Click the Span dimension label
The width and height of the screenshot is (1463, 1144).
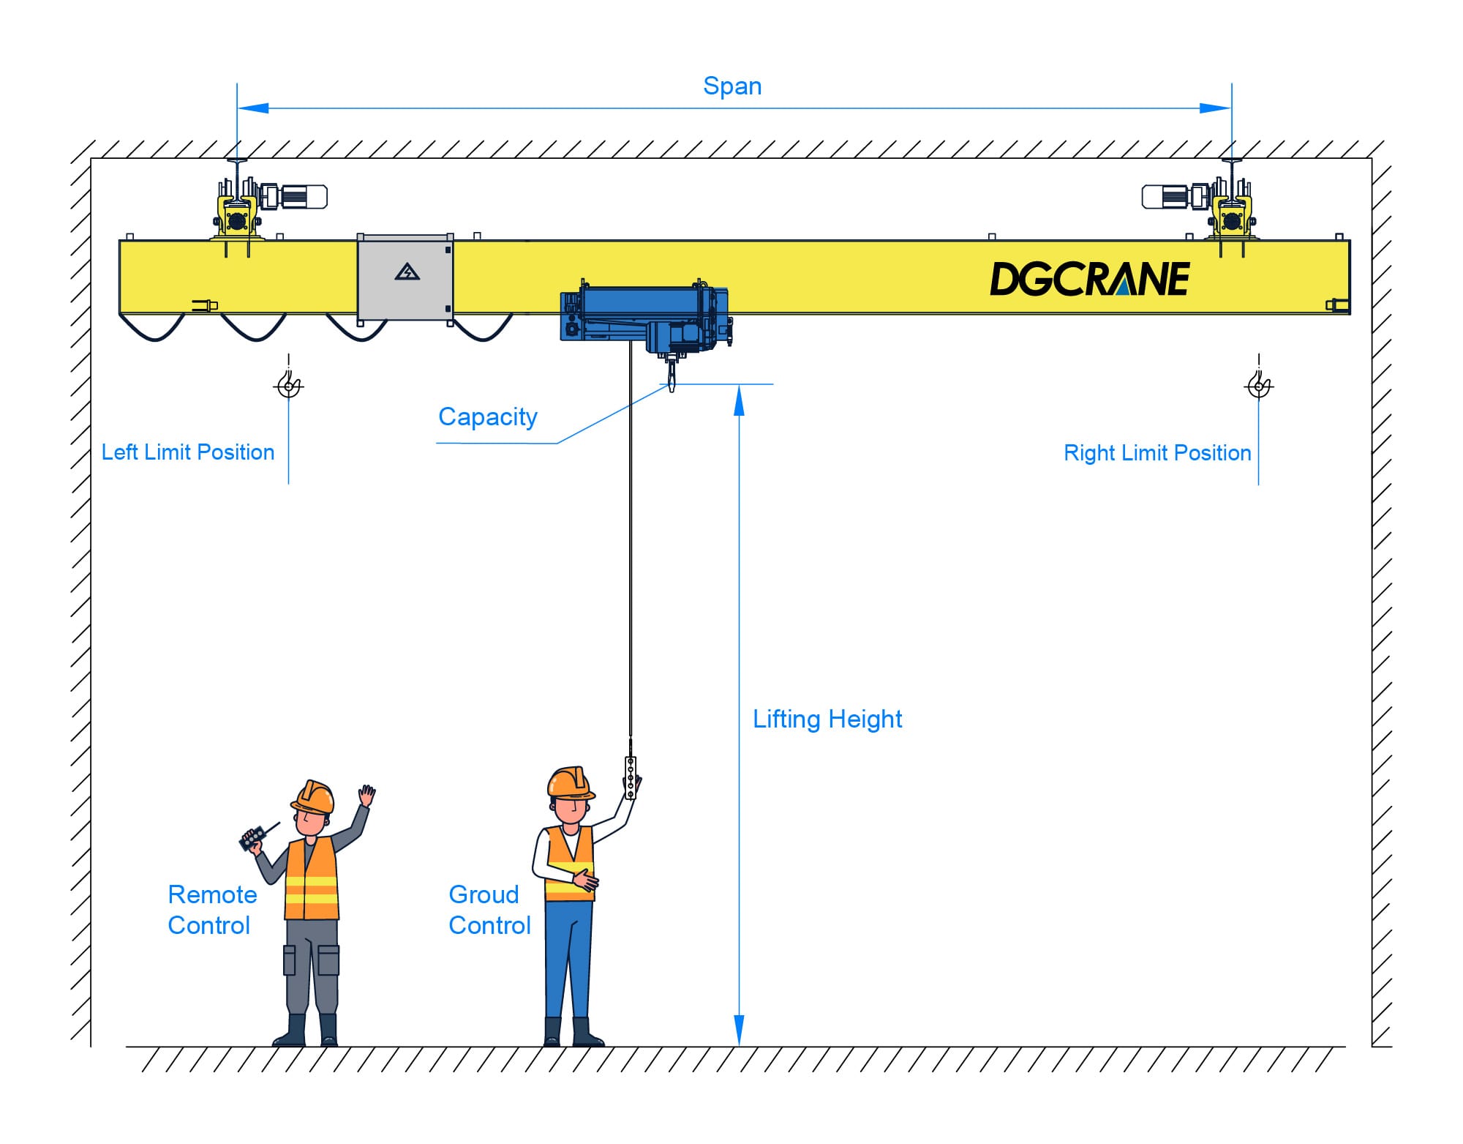point(732,86)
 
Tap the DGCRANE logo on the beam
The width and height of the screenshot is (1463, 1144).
point(1089,279)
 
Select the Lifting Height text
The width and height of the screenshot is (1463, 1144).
point(827,719)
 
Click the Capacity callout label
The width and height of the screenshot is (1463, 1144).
point(488,416)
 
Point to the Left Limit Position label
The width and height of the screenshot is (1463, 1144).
point(188,452)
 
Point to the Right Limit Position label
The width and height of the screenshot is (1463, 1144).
point(1157,453)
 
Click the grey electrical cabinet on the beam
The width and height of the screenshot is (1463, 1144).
point(405,277)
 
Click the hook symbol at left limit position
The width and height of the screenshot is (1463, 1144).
point(289,384)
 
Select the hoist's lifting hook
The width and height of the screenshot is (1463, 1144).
point(672,378)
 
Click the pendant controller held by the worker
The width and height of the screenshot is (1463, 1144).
point(631,778)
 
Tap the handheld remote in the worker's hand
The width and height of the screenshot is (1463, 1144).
point(253,838)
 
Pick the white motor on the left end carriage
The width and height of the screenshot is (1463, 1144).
point(303,197)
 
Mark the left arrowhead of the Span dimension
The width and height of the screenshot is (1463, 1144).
point(253,108)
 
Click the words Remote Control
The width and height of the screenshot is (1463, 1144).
point(212,910)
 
